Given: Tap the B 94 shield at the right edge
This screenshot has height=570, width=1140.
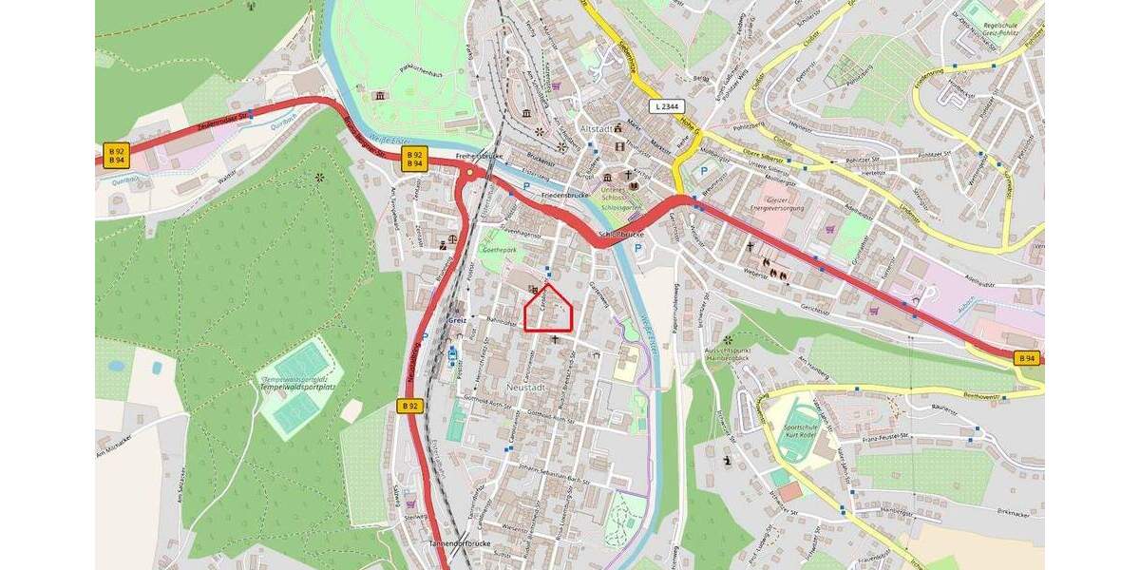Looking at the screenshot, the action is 1027,358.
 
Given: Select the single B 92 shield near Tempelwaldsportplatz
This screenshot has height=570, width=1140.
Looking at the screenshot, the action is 408,406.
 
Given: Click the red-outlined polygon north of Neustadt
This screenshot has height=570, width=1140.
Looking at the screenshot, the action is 549,310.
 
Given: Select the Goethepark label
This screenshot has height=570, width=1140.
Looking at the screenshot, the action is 501,251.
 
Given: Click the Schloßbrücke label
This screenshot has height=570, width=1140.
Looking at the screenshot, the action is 621,234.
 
